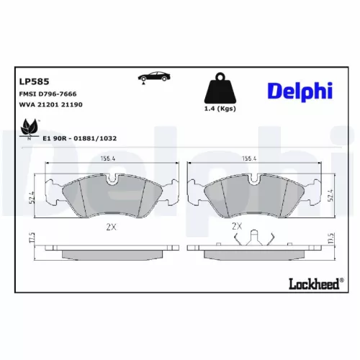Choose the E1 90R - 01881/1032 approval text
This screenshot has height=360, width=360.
[x=80, y=138]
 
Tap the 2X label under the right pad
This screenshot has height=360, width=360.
[x=237, y=225]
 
